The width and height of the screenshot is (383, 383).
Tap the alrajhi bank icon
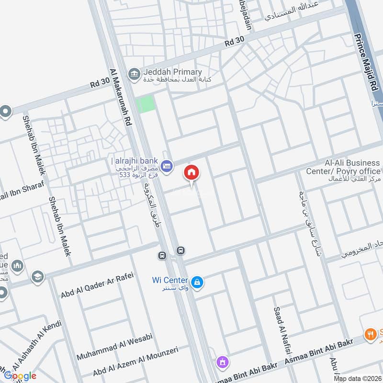tap(167, 166)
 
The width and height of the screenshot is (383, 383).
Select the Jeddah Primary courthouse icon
tap(134, 73)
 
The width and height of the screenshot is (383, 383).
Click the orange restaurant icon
tap(369, 334)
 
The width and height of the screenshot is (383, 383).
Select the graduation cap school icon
tap(37, 276)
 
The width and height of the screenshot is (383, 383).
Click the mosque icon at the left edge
tap(17, 266)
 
